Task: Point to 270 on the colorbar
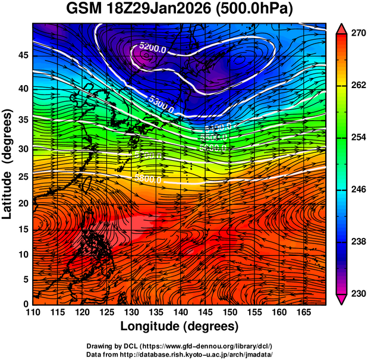tap(358, 33)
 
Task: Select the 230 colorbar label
tap(358, 293)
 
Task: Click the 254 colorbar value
tap(358, 137)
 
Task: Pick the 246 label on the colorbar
tap(358, 189)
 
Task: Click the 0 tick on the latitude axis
tap(27, 304)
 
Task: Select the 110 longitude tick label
tap(33, 312)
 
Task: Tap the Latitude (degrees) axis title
tap(8, 164)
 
